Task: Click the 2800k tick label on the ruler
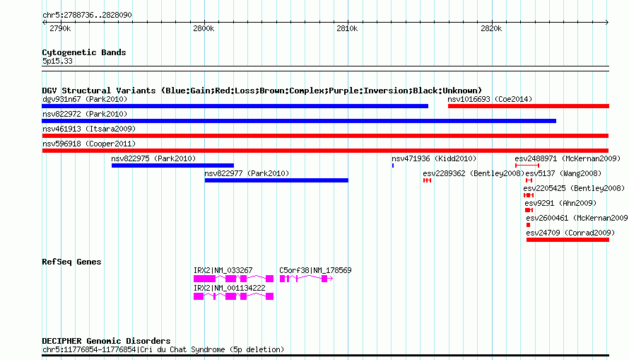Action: pyautogui.click(x=204, y=28)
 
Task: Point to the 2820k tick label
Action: pyautogui.click(x=491, y=28)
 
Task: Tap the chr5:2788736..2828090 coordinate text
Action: pyautogui.click(x=87, y=15)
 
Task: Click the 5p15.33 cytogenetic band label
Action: pyautogui.click(x=57, y=61)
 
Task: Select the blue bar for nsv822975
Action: pyautogui.click(x=172, y=166)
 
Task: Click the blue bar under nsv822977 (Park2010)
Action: pyautogui.click(x=276, y=180)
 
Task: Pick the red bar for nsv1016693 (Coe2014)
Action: pyautogui.click(x=529, y=106)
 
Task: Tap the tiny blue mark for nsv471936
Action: pyautogui.click(x=393, y=166)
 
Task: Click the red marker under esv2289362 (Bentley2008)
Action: pyautogui.click(x=427, y=180)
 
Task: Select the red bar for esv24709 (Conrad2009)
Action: pyautogui.click(x=568, y=240)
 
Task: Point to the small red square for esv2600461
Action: pyautogui.click(x=529, y=225)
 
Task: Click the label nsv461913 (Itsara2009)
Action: pyautogui.click(x=89, y=129)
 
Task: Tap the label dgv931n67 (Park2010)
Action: pyautogui.click(x=85, y=99)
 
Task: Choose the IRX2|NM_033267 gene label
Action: pyautogui.click(x=223, y=270)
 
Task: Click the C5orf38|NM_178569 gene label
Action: pyautogui.click(x=315, y=270)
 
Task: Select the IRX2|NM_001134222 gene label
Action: pyautogui.click(x=230, y=288)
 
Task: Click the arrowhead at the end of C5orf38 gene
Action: pyautogui.click(x=331, y=279)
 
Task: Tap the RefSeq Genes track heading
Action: pyautogui.click(x=71, y=262)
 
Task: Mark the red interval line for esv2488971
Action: pyautogui.click(x=527, y=166)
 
